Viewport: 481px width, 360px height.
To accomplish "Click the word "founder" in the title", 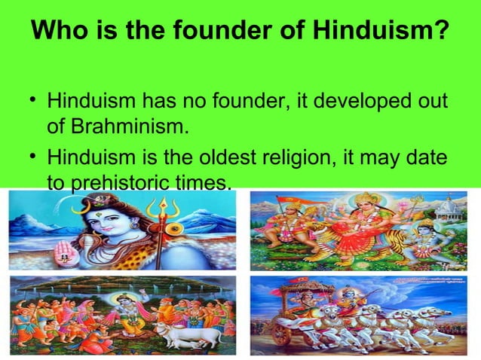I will [x=194, y=32].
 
